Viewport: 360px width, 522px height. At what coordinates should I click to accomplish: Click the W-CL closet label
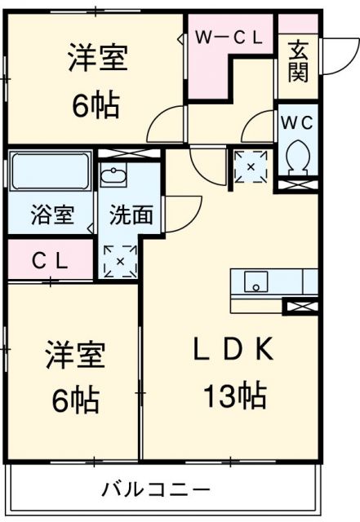click(x=229, y=38)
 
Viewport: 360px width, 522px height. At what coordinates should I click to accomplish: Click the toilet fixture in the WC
click(x=297, y=155)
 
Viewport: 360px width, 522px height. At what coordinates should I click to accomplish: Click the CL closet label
click(x=51, y=261)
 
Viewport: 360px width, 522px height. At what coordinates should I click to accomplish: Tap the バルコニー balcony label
click(x=156, y=489)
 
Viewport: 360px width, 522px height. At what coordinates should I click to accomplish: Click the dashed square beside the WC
click(x=251, y=166)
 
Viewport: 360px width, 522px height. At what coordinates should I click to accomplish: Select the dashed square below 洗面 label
click(x=119, y=262)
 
